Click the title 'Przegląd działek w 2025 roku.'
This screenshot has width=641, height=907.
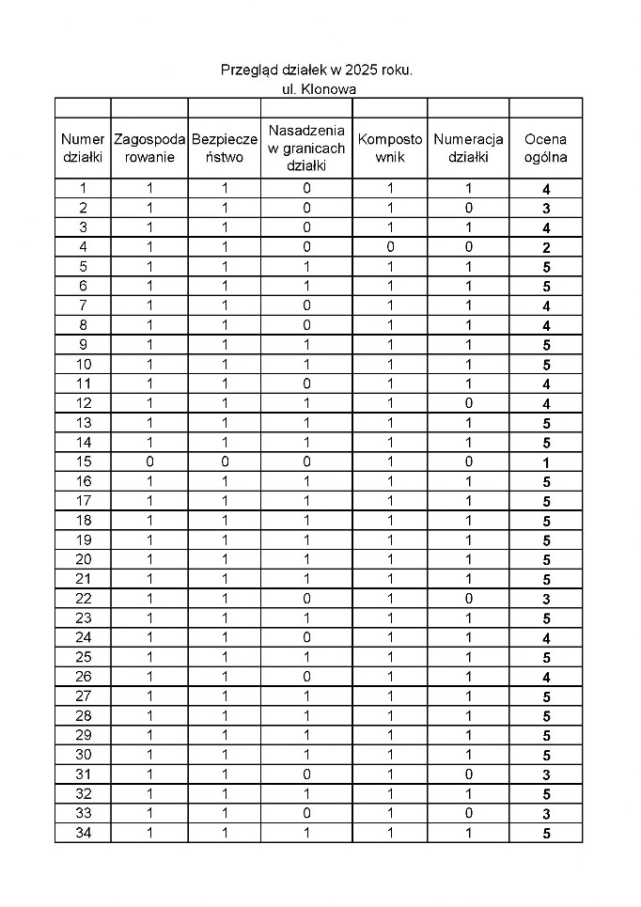click(317, 70)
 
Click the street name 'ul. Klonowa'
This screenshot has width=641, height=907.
click(319, 89)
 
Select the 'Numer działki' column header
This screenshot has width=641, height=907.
click(83, 149)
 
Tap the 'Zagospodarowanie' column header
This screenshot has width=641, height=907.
click(149, 149)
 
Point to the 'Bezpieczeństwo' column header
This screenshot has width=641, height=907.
click(224, 149)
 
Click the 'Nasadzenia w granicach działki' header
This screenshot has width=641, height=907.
click(305, 149)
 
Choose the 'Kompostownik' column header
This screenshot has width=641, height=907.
click(390, 149)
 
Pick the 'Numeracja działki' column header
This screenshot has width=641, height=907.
click(468, 149)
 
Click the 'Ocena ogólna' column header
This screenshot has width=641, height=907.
click(545, 149)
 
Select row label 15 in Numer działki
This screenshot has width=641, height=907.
click(83, 462)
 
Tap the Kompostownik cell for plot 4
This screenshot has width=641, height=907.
click(390, 247)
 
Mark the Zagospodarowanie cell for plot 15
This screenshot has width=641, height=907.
click(149, 462)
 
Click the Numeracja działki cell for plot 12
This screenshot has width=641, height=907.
click(468, 403)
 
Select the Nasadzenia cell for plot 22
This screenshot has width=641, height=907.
click(305, 599)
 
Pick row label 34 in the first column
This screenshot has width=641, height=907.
click(83, 833)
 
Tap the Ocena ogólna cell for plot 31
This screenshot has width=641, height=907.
click(545, 775)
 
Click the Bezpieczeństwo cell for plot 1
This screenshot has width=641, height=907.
click(224, 188)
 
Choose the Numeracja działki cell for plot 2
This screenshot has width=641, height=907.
click(468, 208)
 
